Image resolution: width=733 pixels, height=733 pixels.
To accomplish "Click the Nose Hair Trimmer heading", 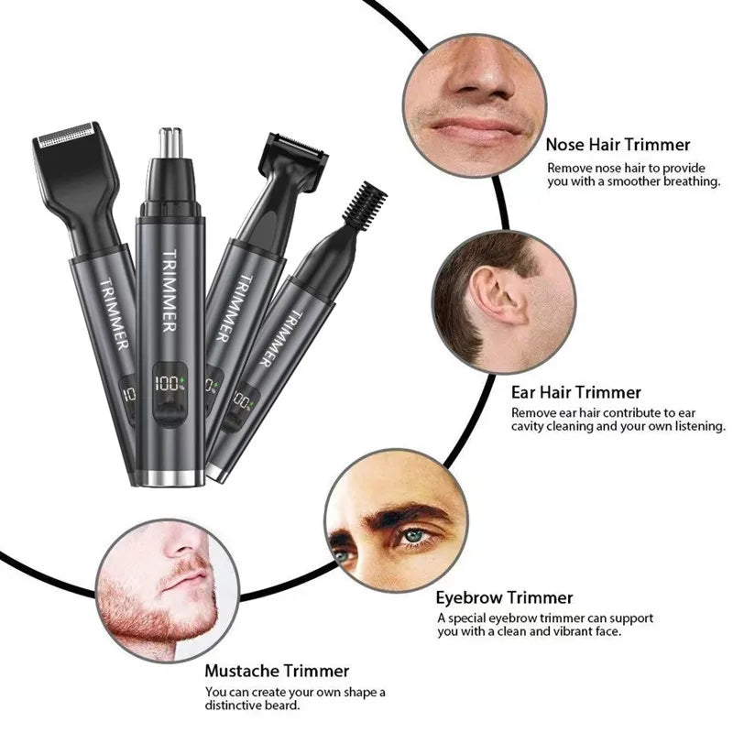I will coord(618,145).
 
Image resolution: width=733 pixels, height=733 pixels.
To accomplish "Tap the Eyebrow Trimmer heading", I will coord(504,598).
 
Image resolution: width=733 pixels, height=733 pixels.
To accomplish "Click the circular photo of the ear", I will coord(504,297).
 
